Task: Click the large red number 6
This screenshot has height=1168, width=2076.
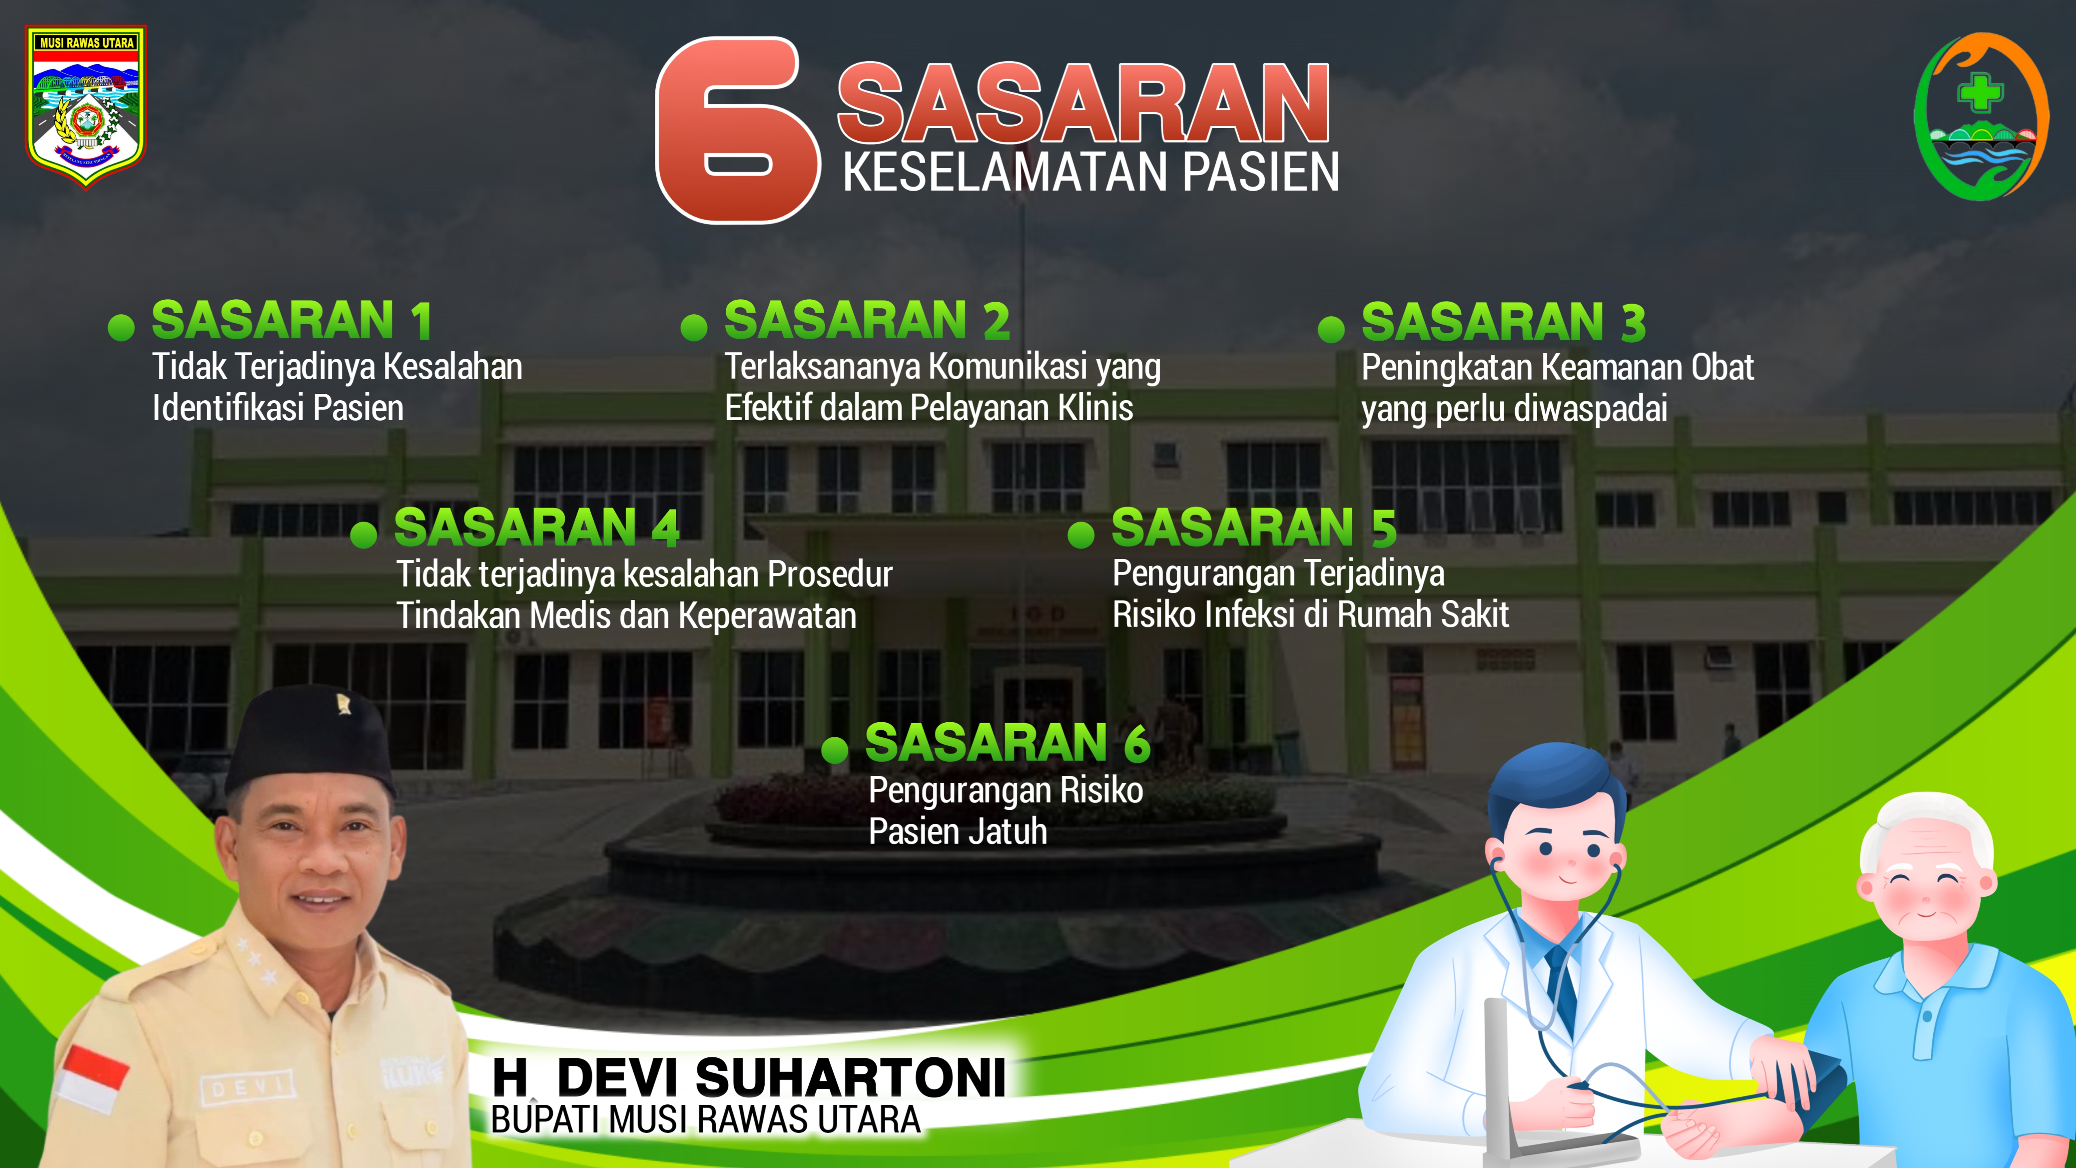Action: click(x=738, y=131)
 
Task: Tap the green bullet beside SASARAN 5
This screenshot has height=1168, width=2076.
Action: click(x=1081, y=535)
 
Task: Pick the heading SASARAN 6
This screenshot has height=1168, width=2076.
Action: click(x=1007, y=743)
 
